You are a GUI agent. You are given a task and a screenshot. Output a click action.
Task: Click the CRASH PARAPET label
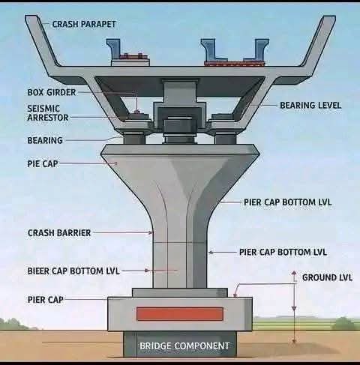[84, 24]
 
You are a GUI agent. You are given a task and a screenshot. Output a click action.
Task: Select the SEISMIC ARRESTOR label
[49, 112]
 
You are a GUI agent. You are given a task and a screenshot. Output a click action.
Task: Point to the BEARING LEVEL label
[310, 106]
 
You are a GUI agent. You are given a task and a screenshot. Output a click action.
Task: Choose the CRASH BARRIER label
[59, 233]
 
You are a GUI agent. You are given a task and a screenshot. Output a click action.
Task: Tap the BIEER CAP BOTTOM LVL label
[73, 271]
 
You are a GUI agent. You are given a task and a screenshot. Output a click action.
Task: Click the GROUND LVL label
[327, 278]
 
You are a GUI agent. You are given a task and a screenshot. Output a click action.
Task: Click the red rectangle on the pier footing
[179, 313]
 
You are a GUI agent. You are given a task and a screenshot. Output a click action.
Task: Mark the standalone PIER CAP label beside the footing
[45, 300]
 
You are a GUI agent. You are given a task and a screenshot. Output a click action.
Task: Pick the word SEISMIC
[43, 108]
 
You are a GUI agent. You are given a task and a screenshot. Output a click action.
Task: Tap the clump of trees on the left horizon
[15, 324]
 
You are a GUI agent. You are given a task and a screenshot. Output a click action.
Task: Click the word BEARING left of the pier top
[45, 140]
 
